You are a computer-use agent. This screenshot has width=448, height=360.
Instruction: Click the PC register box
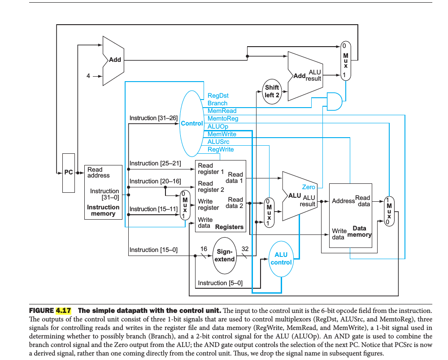pos(69,173)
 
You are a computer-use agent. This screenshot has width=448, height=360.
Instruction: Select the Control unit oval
pos(191,123)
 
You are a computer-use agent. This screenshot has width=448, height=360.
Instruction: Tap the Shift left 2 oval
pos(272,91)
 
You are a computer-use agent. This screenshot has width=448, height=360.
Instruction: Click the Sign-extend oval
pos(224,256)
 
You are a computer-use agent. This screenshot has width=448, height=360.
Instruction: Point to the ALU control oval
pos(281,259)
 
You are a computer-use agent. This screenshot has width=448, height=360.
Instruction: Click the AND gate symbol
pos(334,102)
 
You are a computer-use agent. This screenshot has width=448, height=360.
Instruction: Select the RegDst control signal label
pos(218,95)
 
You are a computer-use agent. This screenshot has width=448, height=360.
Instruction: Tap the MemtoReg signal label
pos(223,119)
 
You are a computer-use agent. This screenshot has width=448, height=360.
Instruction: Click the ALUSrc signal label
pos(218,142)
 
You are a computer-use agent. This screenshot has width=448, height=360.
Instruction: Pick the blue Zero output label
pos(309,187)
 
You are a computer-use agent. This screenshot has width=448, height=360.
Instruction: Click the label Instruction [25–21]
pos(155,163)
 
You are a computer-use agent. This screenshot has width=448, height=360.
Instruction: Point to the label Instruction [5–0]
pos(220,283)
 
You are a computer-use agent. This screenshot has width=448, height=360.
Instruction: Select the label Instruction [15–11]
pos(153,209)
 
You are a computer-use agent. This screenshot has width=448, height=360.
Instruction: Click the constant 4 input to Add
pos(88,76)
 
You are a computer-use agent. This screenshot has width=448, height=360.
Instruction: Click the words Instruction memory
pos(103,210)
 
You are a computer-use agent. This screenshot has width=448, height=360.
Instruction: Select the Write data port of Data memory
pos(339,234)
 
